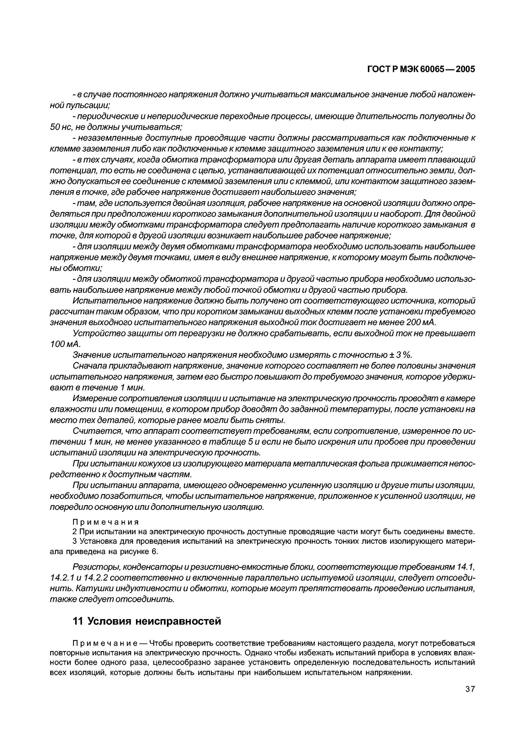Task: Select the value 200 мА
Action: (x=420, y=323)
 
